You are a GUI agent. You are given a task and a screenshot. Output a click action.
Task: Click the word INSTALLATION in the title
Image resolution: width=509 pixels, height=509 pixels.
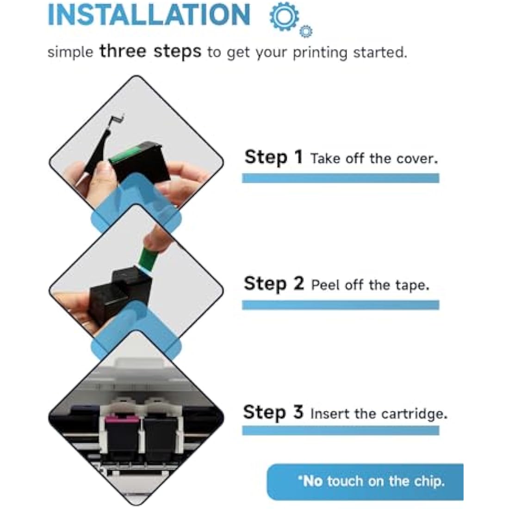pos(149,15)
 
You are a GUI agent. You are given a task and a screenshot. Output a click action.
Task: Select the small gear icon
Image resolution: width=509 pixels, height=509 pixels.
pos(305,31)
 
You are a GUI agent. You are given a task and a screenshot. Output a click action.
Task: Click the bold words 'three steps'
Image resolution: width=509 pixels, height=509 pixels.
pos(150,51)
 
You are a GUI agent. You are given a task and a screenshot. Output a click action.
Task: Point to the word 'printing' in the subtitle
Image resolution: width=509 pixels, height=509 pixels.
pos(320,53)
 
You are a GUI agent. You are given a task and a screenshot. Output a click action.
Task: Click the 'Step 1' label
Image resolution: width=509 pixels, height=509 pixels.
pos(273,157)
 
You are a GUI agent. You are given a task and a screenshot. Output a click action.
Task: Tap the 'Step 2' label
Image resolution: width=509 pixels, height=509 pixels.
pos(273,284)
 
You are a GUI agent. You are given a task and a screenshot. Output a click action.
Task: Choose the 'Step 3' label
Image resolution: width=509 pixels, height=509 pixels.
pos(273,412)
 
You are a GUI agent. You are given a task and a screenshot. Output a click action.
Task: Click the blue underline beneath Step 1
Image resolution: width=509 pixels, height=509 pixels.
pos(341,178)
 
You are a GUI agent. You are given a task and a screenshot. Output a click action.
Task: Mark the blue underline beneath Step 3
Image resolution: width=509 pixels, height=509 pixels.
pos(341,430)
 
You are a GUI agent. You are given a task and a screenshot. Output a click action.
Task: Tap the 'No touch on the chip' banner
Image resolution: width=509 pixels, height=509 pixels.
pos(365,482)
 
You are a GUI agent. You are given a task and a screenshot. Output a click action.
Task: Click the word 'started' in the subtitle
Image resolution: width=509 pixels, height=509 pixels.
pos(380,52)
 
